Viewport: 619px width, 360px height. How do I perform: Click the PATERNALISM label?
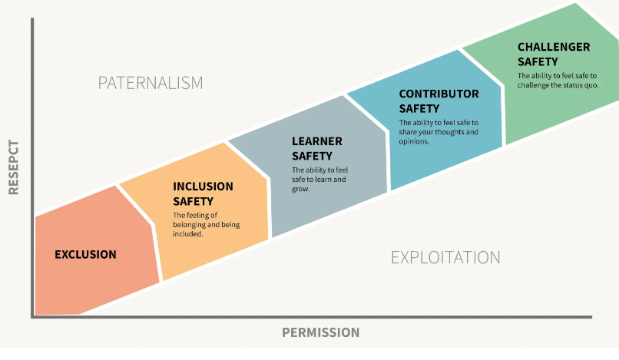(x=151, y=83)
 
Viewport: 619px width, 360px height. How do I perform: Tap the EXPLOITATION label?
(x=445, y=257)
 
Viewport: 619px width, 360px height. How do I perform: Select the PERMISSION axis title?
(x=320, y=332)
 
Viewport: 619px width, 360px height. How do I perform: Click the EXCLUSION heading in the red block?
(x=85, y=254)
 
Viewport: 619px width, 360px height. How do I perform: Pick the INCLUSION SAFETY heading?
(x=203, y=194)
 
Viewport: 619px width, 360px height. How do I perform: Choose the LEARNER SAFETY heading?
(x=317, y=149)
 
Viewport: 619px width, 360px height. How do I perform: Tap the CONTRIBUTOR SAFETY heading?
(x=439, y=101)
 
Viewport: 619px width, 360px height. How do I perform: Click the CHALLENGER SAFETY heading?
(x=554, y=54)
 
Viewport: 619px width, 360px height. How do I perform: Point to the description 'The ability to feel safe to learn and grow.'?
(x=319, y=179)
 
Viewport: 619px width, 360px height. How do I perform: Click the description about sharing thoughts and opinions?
(x=439, y=131)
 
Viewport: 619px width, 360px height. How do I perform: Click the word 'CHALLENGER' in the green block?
(x=554, y=47)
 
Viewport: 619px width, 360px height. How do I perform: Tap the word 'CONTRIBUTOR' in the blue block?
(x=439, y=94)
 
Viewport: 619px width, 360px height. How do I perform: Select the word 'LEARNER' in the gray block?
(x=317, y=141)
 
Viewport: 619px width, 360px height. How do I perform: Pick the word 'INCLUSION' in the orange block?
(x=203, y=187)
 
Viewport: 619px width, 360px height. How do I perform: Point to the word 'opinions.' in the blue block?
(x=414, y=141)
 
